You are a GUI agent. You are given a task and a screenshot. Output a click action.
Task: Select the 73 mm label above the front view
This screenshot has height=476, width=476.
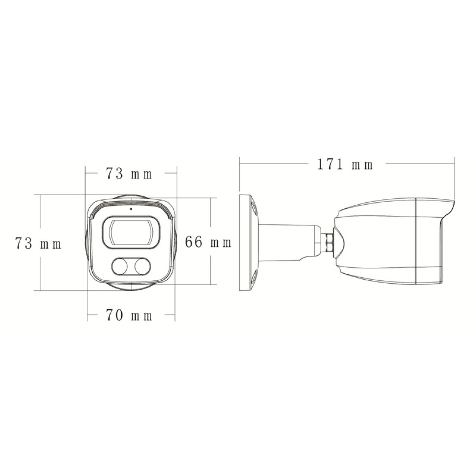(x=129, y=174)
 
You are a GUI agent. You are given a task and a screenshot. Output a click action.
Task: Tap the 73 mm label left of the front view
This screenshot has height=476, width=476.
(x=38, y=243)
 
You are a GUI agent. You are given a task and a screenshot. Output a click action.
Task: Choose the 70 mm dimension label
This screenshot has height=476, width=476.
(x=129, y=316)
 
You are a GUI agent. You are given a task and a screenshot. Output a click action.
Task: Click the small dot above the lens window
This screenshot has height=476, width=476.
(x=131, y=208)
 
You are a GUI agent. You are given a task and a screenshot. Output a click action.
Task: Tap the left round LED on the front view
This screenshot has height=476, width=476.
(x=119, y=266)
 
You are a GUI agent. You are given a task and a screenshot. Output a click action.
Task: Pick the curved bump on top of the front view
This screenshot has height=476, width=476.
(x=131, y=198)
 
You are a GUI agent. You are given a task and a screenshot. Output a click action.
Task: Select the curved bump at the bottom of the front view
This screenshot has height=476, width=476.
(x=131, y=287)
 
